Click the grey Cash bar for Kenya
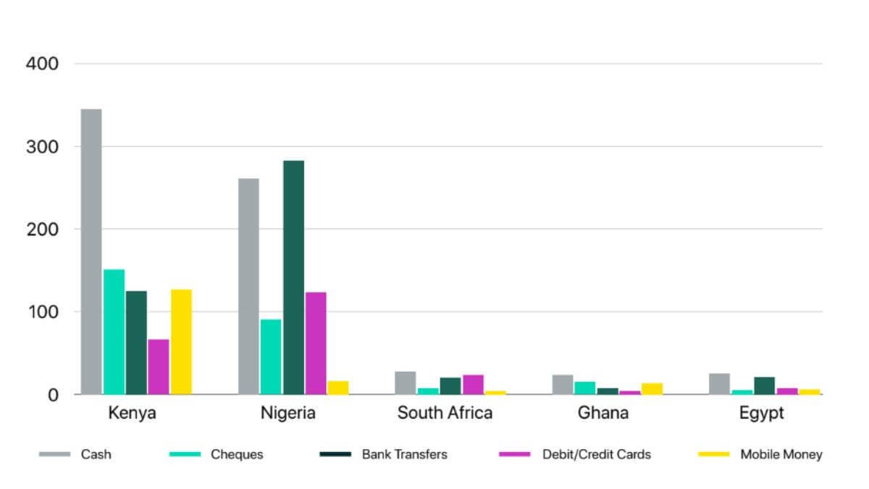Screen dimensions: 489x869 pos(91,251)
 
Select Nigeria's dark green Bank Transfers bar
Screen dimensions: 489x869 pos(293,277)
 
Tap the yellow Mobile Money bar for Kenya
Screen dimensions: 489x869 pos(181,342)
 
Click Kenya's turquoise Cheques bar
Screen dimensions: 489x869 pos(114,332)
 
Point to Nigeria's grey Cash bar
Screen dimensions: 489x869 pos(248,286)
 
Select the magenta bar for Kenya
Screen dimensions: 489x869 pos(159,367)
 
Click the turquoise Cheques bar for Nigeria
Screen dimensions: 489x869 pos(271,356)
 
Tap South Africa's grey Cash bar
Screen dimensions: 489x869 pos(406,383)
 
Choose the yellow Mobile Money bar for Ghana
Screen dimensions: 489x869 pos(652,388)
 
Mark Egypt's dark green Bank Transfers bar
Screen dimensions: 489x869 pos(764,385)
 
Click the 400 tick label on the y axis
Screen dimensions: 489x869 pos(42,64)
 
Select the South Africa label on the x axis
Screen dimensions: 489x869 pos(445,413)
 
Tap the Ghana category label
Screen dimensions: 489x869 pos(603,413)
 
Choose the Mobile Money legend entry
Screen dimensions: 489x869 pos(781,455)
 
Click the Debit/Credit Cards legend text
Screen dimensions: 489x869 pos(597,455)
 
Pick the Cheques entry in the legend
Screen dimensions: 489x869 pos(237,455)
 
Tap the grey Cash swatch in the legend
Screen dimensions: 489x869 pos(54,455)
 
